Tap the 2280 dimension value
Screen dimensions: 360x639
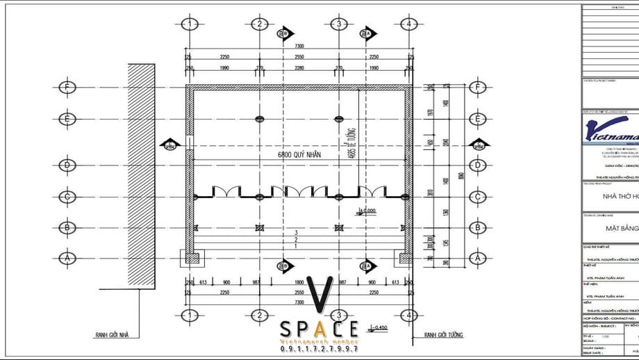(x=299, y=68)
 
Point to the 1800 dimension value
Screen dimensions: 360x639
(x=299, y=282)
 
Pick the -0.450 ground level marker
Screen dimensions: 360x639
(x=379, y=326)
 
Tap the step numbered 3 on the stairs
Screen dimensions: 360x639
(x=296, y=232)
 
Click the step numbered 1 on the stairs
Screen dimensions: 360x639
(x=296, y=246)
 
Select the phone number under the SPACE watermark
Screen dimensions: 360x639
(x=319, y=350)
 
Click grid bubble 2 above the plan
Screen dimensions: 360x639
(x=259, y=25)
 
